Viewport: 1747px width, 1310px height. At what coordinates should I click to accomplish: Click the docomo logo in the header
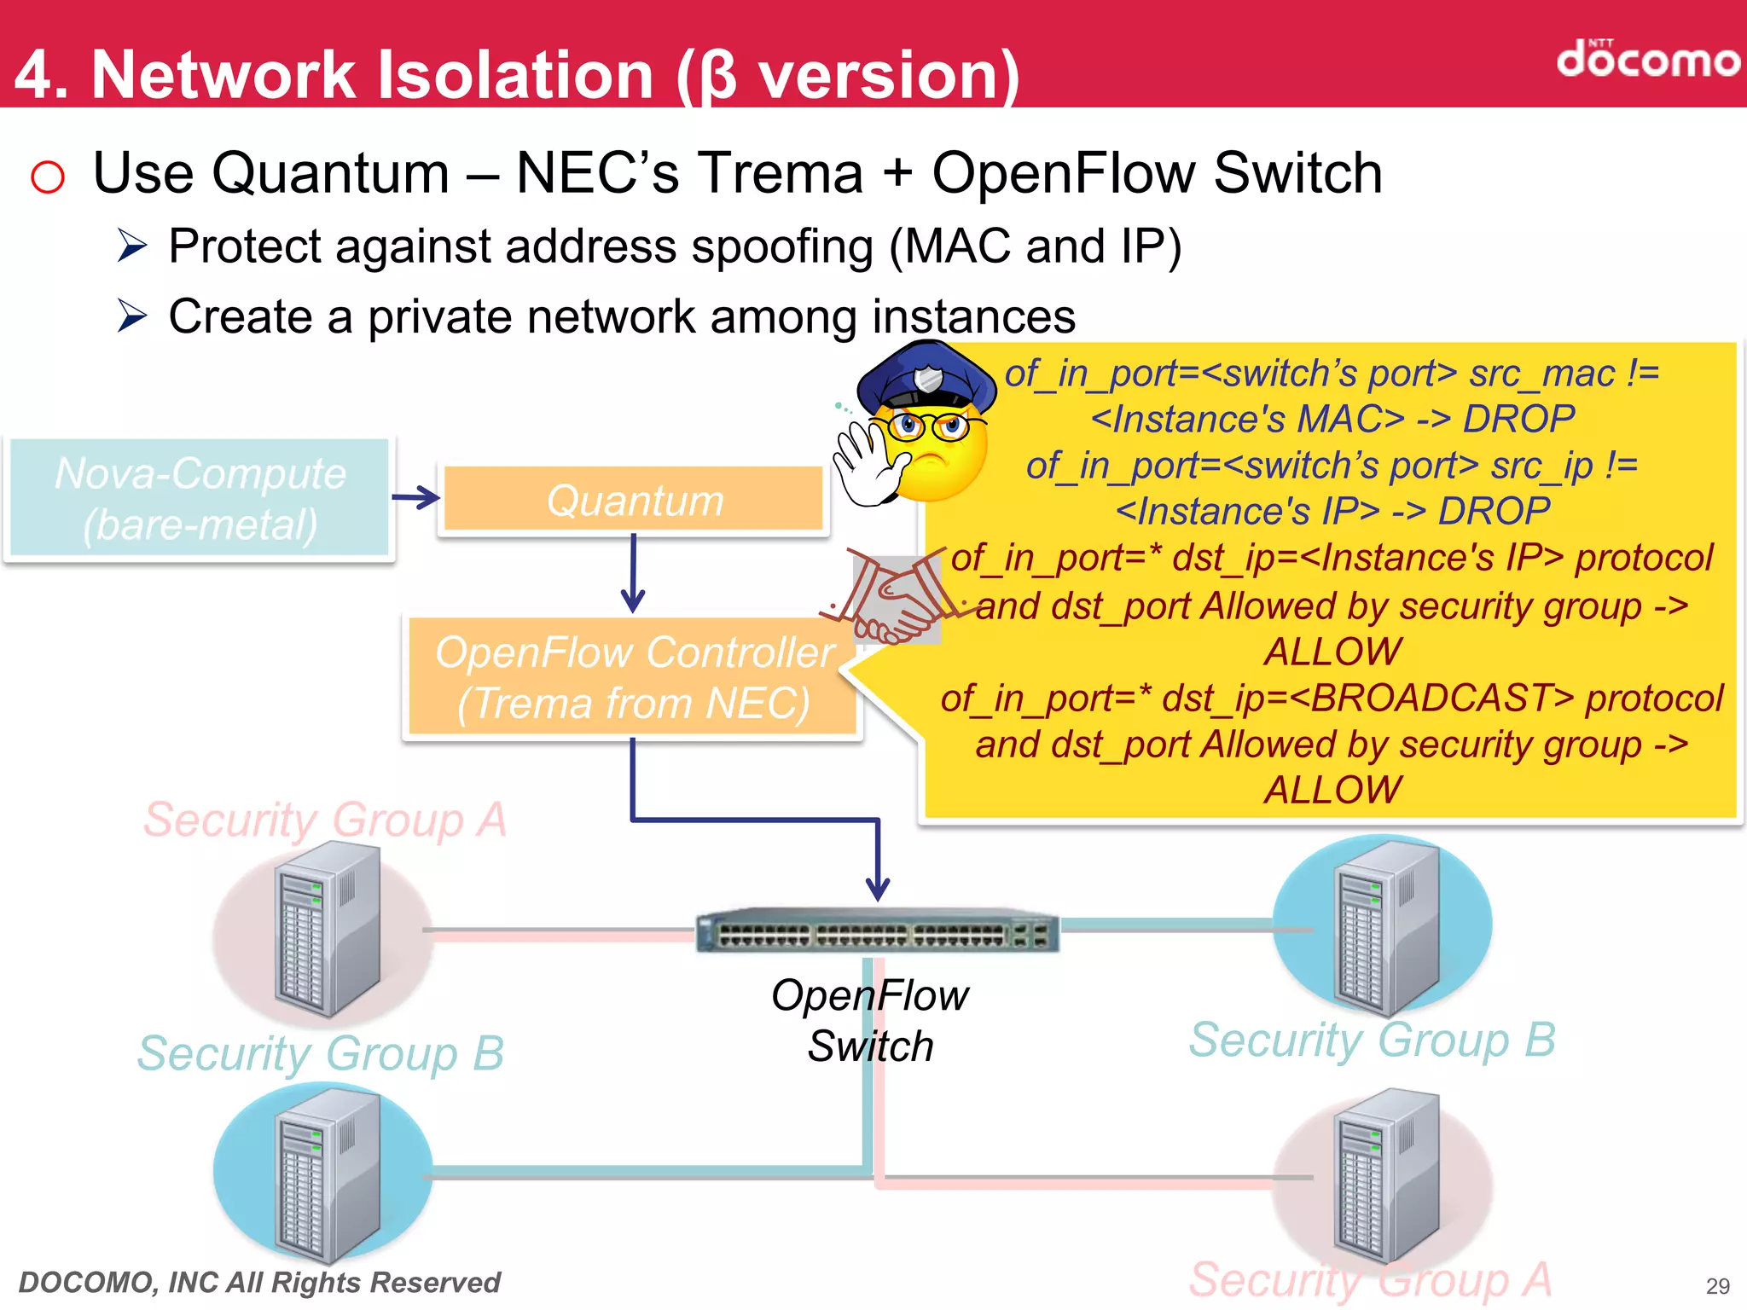[x=1646, y=60]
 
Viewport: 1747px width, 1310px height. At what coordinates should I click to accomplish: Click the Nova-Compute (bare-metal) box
[x=200, y=499]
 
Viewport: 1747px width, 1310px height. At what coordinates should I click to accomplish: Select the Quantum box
[x=634, y=500]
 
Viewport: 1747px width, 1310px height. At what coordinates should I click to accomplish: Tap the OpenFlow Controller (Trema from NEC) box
[x=633, y=678]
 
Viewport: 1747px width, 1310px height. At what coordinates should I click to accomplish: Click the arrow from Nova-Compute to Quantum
[x=415, y=497]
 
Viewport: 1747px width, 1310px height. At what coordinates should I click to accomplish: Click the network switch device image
[x=877, y=931]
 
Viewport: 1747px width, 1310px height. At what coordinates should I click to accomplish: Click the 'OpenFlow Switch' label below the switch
[x=870, y=1020]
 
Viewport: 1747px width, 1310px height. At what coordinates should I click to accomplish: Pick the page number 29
[x=1717, y=1286]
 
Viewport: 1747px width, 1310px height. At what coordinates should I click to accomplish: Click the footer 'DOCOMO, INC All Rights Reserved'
[x=259, y=1282]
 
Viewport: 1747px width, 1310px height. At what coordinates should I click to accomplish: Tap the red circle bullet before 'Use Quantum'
[x=48, y=177]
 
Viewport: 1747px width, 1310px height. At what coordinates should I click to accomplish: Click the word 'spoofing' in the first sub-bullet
[x=781, y=247]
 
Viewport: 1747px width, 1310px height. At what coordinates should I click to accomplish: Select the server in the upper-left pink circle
[x=327, y=930]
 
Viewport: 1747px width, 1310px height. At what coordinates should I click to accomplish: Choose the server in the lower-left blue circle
[x=327, y=1177]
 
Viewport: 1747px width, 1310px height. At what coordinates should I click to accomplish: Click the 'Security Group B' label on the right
[x=1372, y=1040]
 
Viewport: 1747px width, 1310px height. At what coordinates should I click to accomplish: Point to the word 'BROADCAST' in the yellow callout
[x=1431, y=698]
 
